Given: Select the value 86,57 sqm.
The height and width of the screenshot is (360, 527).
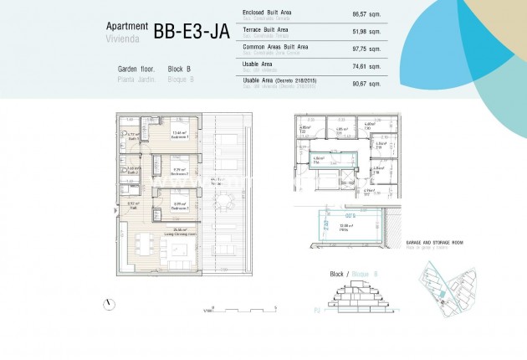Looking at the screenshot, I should [x=367, y=14].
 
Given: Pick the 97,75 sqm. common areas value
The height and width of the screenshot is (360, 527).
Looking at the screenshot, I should [x=367, y=49].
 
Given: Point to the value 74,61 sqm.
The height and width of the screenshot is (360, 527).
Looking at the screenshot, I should [x=367, y=66].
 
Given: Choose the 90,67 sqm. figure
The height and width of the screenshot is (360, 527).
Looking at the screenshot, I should [x=367, y=82].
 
